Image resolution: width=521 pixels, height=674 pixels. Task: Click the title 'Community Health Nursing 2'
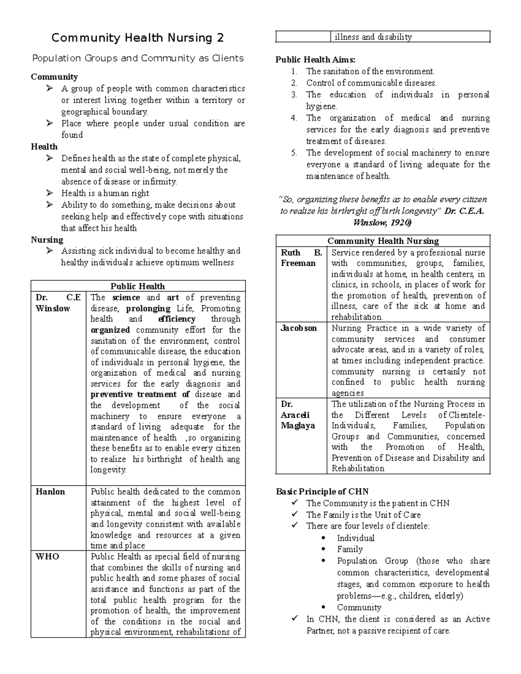click(138, 38)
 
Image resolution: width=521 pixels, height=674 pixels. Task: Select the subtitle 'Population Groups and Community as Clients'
click(138, 58)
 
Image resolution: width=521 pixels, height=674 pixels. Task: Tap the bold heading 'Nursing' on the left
click(47, 240)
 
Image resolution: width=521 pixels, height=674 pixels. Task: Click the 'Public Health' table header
click(138, 286)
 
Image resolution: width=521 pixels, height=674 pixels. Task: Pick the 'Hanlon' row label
click(50, 492)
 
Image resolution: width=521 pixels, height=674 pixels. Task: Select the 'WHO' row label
click(47, 556)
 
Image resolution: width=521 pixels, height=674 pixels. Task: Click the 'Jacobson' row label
click(299, 328)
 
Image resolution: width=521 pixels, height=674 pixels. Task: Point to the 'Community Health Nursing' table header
click(383, 241)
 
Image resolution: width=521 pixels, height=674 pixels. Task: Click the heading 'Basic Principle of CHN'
click(322, 492)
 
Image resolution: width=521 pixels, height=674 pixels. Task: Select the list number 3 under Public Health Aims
click(294, 95)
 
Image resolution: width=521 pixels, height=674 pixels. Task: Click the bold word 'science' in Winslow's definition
click(126, 298)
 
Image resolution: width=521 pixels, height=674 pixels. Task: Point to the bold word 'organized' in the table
click(110, 330)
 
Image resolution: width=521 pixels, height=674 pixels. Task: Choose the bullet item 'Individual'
click(356, 538)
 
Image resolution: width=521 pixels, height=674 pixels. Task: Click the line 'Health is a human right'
click(105, 193)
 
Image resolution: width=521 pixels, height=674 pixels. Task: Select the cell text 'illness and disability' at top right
click(373, 37)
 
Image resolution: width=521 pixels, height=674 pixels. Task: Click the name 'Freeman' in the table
click(298, 263)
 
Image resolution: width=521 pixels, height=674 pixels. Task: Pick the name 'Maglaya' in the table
click(298, 425)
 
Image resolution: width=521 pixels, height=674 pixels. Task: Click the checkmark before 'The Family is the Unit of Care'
click(296, 514)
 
